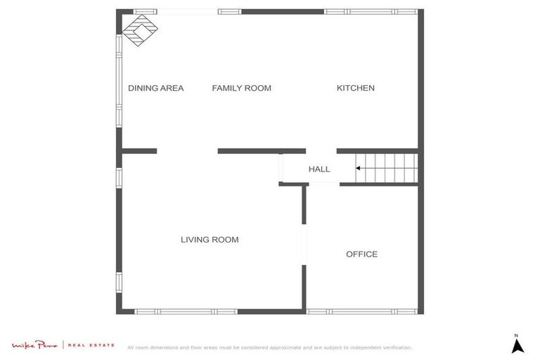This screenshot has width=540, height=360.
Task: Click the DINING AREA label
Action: click(x=155, y=88)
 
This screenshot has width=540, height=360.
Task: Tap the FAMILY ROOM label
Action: click(x=241, y=88)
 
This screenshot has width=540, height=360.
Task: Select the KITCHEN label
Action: click(x=355, y=88)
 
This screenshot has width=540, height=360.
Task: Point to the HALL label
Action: click(x=319, y=169)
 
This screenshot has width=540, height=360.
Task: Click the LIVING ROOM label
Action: click(x=210, y=240)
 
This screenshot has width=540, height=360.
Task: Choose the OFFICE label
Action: click(x=361, y=254)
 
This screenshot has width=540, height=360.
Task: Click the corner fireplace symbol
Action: click(x=139, y=31)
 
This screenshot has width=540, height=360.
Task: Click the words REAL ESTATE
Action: click(x=92, y=345)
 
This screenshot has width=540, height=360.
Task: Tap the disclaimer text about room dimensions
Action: click(x=269, y=347)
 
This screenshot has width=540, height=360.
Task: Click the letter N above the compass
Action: click(x=516, y=334)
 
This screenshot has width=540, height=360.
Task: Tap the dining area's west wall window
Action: click(x=119, y=80)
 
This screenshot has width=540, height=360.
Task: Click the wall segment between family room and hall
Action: click(x=261, y=150)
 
